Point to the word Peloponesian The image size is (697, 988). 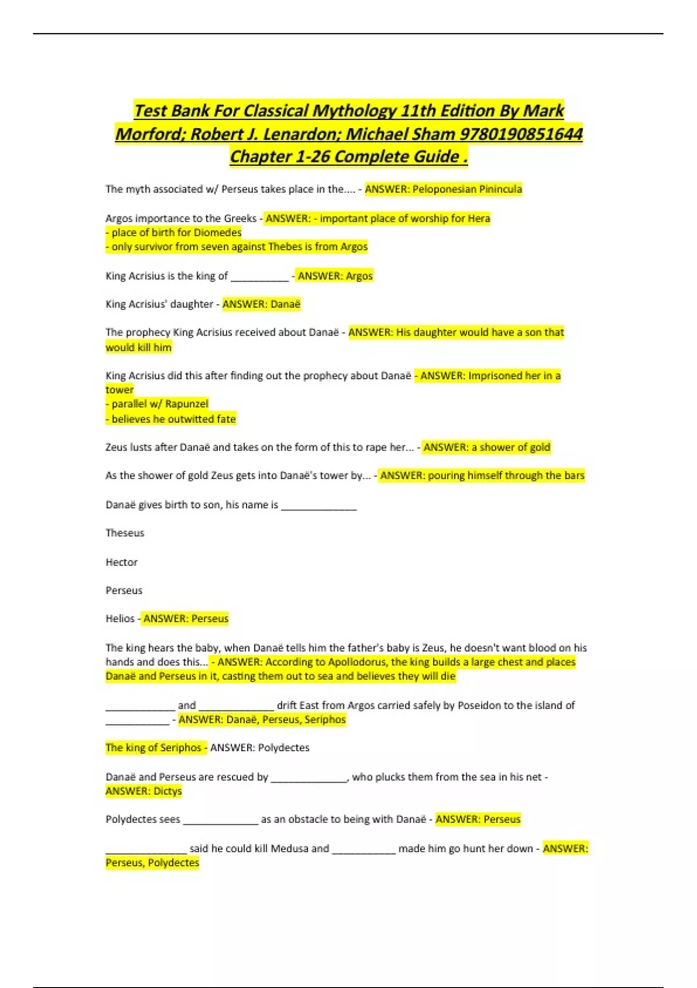444,189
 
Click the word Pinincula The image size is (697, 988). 501,189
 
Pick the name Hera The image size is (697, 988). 479,219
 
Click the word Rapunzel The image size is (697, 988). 186,404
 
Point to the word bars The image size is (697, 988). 574,475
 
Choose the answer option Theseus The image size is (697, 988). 125,533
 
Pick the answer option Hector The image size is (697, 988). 121,562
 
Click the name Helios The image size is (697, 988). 120,618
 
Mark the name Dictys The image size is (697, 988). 168,791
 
